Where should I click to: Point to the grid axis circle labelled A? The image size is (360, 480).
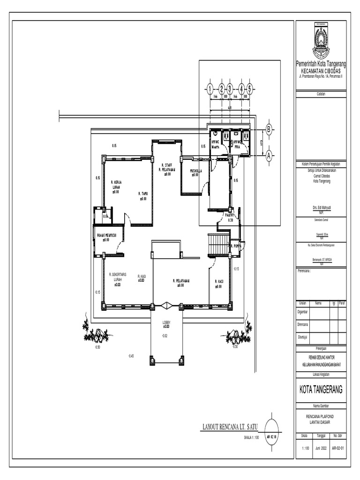click(269, 156)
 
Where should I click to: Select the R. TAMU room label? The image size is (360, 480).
click(143, 195)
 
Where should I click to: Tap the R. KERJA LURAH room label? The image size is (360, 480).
click(115, 187)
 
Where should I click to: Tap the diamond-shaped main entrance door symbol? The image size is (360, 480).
click(166, 306)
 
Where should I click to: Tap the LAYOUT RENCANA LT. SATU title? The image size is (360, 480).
click(230, 427)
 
